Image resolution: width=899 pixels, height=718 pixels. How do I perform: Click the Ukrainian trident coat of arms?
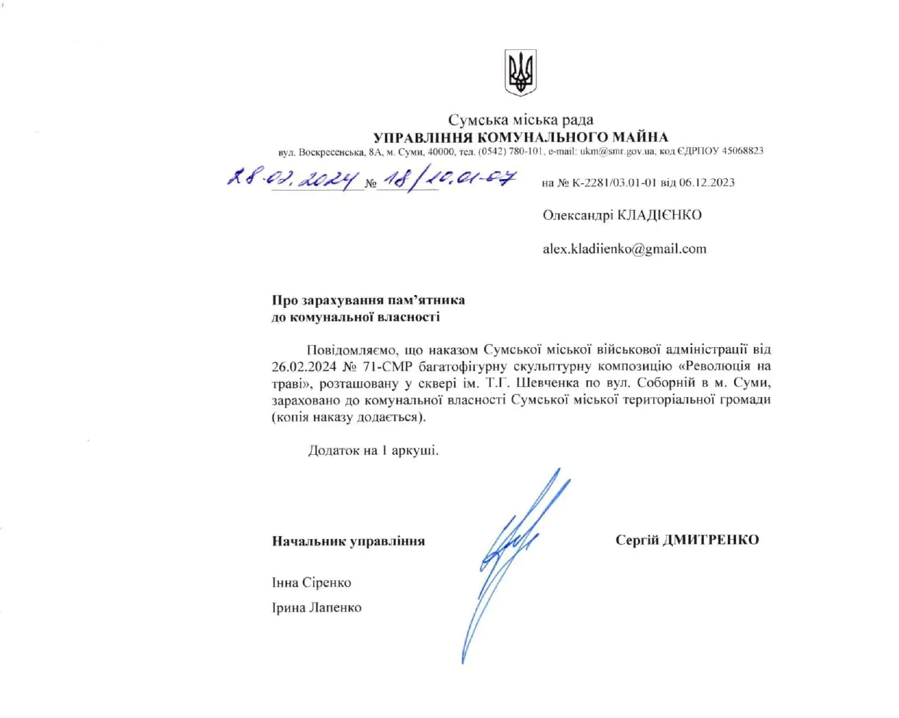click(x=520, y=72)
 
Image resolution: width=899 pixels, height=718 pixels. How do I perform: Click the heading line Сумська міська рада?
click(x=520, y=120)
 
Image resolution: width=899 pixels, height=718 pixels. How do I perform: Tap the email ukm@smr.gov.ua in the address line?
click(x=618, y=151)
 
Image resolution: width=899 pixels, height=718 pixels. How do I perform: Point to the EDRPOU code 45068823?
click(x=742, y=151)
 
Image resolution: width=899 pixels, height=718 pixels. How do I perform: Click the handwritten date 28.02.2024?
click(x=293, y=178)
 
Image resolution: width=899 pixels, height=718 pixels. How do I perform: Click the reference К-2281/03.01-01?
click(x=613, y=183)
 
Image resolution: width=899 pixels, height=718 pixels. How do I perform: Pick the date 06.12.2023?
click(x=707, y=183)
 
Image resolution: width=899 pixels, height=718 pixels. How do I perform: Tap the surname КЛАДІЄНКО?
click(x=659, y=215)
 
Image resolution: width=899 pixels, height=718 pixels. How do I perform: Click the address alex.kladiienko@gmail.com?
click(x=624, y=249)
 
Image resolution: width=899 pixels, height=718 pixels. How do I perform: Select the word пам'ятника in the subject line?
click(x=426, y=300)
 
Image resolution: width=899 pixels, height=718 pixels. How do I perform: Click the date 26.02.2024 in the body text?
click(x=304, y=367)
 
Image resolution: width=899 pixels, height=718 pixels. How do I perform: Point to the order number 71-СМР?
click(x=388, y=367)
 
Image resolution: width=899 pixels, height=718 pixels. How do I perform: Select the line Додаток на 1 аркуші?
click(x=373, y=451)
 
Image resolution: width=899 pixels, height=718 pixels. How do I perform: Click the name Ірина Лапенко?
click(x=317, y=608)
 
